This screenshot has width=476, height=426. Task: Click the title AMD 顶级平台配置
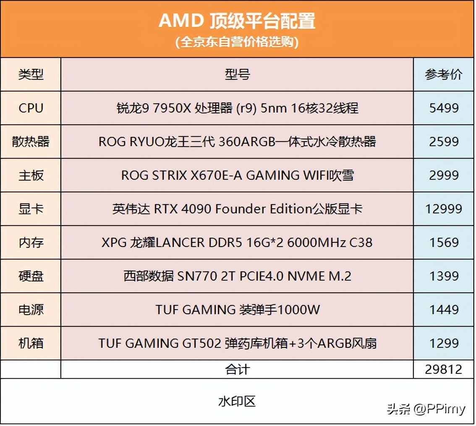coord(237,21)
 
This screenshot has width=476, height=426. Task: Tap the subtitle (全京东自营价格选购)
coord(237,42)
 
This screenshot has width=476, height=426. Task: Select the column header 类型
coord(31,75)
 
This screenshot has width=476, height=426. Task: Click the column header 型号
coord(237,75)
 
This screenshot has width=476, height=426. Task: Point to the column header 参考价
coord(444,75)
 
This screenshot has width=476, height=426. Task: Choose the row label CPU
coord(31,108)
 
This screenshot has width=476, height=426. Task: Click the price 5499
coord(444,108)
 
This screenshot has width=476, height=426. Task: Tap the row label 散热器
coord(31,142)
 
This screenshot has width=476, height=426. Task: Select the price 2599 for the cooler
coord(444,142)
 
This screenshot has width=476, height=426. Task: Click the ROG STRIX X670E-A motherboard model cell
coord(237,175)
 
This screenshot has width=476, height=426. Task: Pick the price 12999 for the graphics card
coord(444,209)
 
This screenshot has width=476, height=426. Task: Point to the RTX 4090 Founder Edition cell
coord(237,209)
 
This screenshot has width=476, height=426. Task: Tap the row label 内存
coord(31,242)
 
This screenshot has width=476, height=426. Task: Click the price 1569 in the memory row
coord(444,242)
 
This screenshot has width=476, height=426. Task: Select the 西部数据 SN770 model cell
coord(237,276)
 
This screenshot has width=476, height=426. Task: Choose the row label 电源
coord(31,310)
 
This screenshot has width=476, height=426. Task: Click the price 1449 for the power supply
coord(444,310)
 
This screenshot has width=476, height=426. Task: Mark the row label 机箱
coord(31,343)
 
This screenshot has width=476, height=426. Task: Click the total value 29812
coord(444,369)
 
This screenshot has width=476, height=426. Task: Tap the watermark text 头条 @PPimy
coord(426,409)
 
